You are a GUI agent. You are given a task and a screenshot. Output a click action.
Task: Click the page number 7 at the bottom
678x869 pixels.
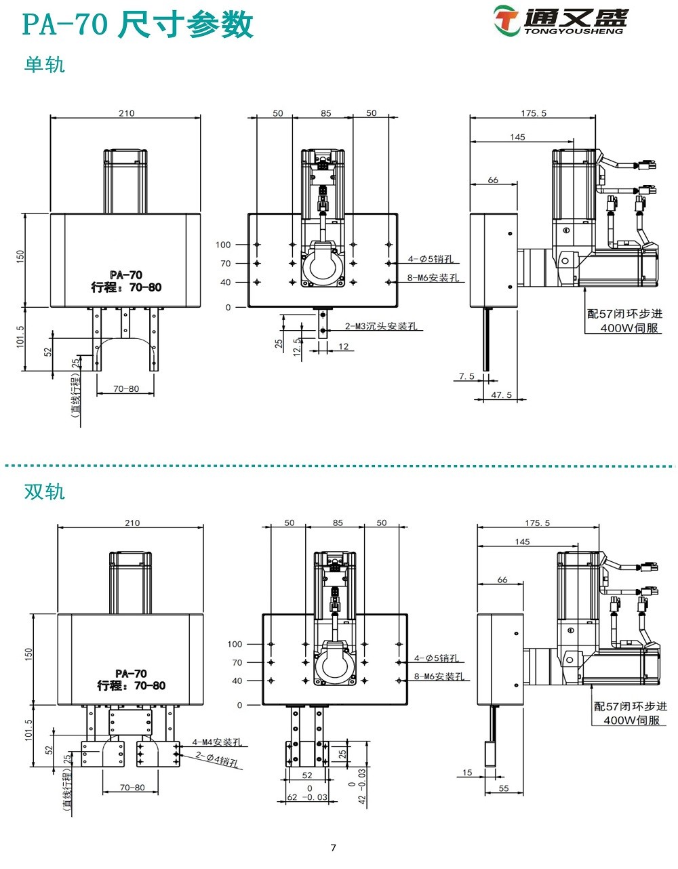333,847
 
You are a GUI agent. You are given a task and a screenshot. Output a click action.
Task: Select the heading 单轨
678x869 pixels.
45,64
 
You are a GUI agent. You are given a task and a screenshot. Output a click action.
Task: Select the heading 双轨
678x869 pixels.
45,491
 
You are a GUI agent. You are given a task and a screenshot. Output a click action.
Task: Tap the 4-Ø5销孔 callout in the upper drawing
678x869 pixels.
431,259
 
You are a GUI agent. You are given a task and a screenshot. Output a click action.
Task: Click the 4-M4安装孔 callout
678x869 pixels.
217,742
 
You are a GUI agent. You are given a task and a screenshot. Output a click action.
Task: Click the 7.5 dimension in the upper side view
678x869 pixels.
466,376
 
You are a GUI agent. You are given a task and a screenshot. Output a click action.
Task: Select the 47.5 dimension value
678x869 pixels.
501,395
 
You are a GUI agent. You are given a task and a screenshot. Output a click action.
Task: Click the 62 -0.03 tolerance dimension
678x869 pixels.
309,797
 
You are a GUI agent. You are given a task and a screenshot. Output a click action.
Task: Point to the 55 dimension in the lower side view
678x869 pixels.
504,788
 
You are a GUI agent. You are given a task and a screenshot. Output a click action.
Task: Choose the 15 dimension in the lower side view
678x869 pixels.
467,773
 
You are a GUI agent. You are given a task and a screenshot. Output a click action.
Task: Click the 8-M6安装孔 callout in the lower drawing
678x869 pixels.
439,676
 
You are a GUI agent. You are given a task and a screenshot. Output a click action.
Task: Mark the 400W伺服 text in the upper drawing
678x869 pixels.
630,328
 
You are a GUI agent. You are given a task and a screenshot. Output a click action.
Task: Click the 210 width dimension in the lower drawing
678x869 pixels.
132,523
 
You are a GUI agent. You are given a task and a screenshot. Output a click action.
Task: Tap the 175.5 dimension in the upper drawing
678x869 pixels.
534,113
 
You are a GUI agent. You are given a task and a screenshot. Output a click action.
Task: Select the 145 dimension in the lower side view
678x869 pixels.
522,542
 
